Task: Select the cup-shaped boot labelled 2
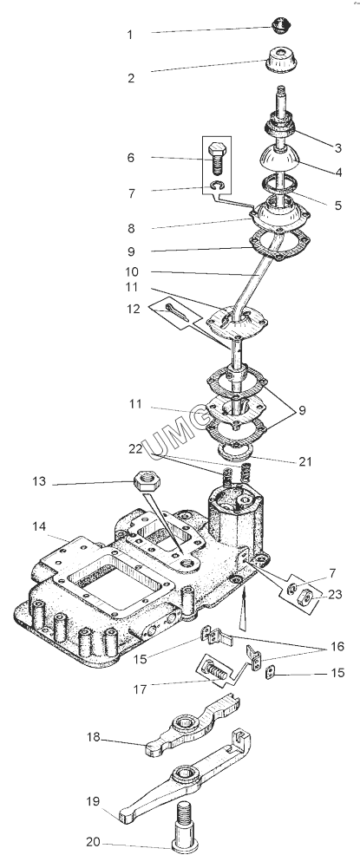tap(284, 59)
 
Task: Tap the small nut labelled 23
tap(303, 598)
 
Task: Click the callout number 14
tap(39, 525)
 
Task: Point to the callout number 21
tap(305, 461)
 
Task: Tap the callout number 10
tap(132, 272)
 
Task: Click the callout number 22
tap(135, 450)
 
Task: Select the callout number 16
tap(337, 647)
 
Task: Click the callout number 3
tap(337, 147)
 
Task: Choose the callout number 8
tap(130, 228)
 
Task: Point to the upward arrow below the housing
tap(243, 612)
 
